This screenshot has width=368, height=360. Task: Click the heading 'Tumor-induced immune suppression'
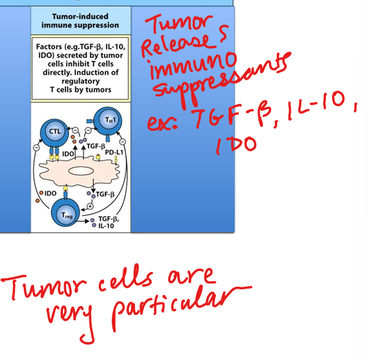click(x=80, y=21)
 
